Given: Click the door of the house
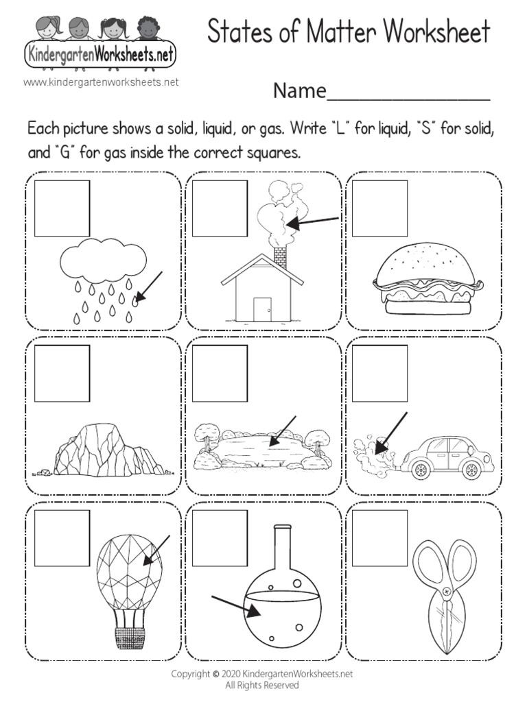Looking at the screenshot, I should point(261,308).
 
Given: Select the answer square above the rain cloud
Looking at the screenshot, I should point(62,208).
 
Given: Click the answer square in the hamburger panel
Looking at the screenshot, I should point(380,208).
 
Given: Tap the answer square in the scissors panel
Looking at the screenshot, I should point(380,538).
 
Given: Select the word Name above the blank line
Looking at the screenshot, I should point(298,90).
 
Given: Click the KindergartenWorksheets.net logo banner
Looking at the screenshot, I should point(100,53).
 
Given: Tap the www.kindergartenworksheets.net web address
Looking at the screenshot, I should point(101,82).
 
